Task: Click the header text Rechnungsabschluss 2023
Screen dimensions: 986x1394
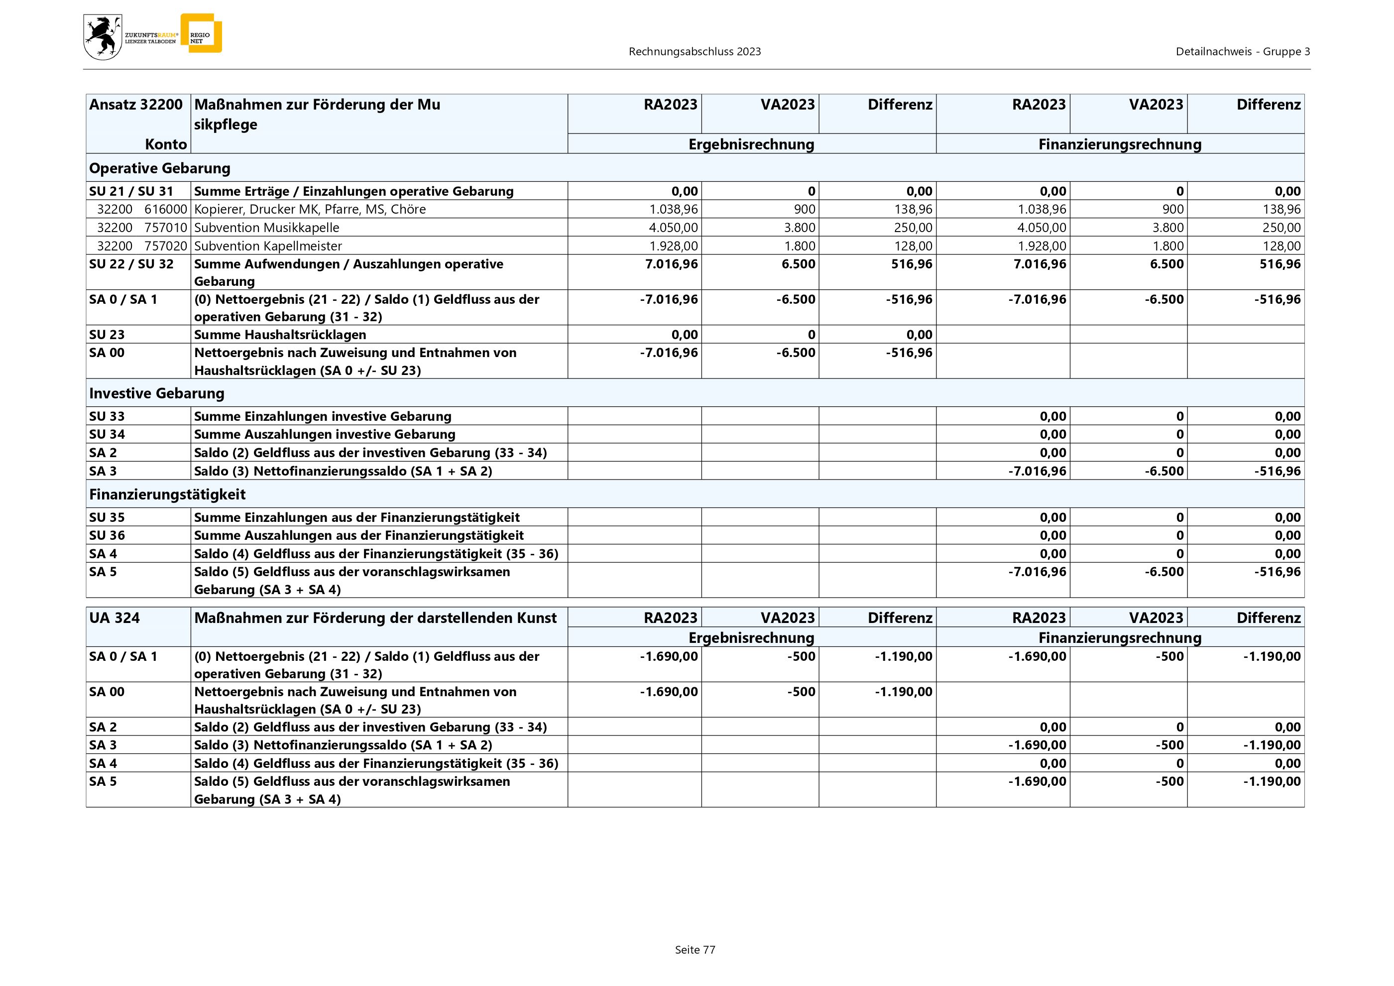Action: tap(695, 52)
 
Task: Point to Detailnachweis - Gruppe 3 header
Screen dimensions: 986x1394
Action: tap(1242, 52)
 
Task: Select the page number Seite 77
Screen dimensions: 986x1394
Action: tap(695, 950)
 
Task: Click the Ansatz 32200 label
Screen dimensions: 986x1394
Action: tap(135, 105)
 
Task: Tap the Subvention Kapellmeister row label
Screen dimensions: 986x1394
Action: tap(268, 246)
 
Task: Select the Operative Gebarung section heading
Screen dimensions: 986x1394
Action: tap(160, 168)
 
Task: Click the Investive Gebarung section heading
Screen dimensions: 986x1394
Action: tap(157, 393)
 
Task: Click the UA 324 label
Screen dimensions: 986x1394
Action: tap(114, 618)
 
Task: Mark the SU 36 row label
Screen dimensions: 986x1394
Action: tap(107, 535)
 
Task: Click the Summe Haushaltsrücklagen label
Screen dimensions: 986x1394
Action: tap(280, 335)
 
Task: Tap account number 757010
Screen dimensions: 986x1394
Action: tap(166, 228)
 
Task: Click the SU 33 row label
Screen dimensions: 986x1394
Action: tap(107, 416)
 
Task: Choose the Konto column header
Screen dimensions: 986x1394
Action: tap(166, 144)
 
